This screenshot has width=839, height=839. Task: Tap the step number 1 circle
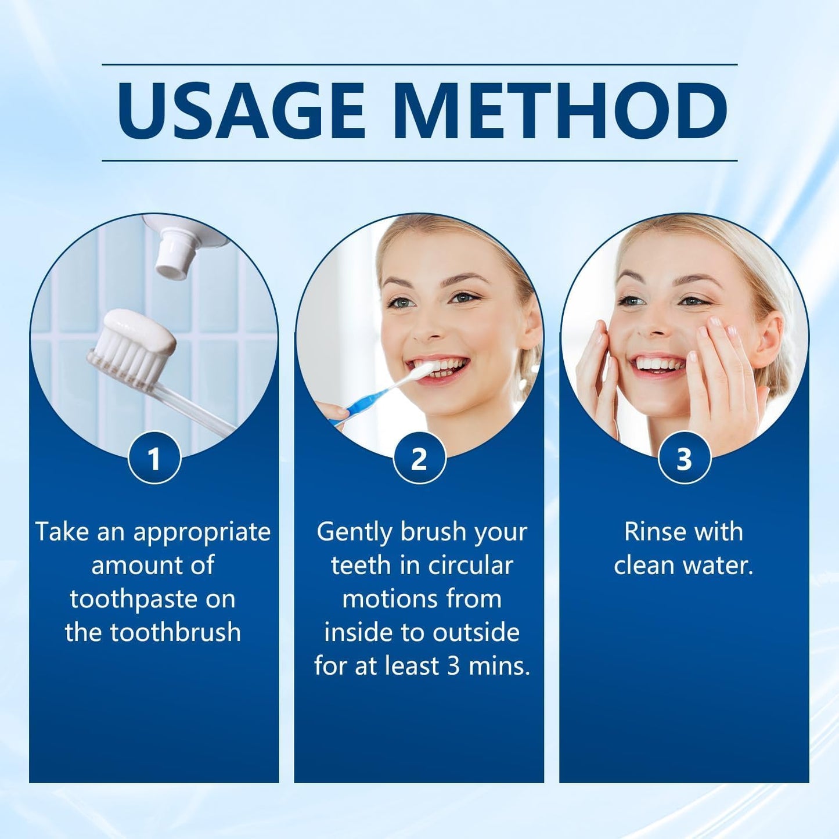coord(154,458)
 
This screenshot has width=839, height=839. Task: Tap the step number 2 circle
coord(419,458)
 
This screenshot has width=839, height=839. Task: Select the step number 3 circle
coord(684,458)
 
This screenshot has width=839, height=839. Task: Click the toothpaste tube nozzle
coord(174,252)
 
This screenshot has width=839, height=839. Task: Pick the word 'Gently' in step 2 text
coord(354,532)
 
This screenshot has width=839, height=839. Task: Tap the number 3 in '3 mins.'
coord(453,666)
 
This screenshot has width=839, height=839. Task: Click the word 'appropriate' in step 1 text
coord(202,532)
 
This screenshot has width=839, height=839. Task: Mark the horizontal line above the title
coord(419,64)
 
